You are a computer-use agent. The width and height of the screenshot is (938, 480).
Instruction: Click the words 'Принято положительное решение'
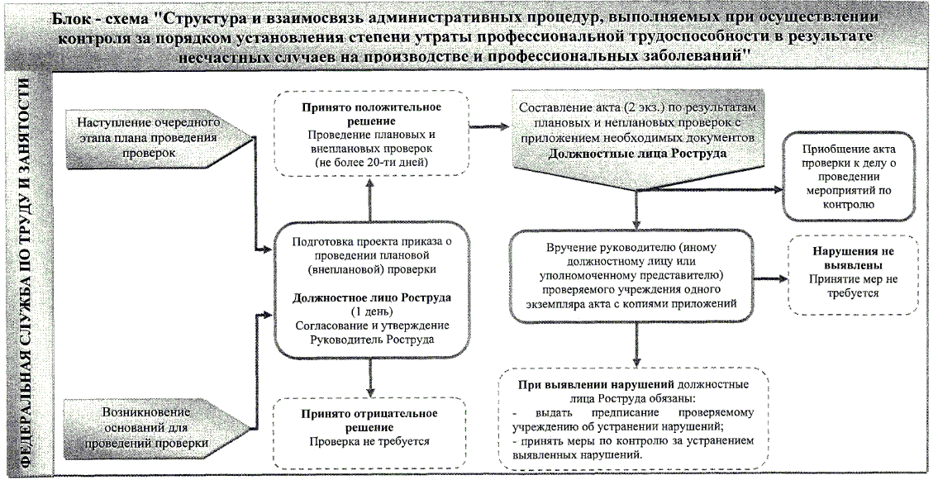[x=369, y=115]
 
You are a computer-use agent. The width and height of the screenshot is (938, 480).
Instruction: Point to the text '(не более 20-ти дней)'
[x=369, y=163]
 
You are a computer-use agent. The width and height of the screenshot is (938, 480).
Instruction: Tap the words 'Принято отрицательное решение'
[x=369, y=420]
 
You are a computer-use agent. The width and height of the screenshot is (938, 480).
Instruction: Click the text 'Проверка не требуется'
[x=369, y=441]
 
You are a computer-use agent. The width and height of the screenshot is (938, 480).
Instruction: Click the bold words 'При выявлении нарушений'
[x=596, y=385]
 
